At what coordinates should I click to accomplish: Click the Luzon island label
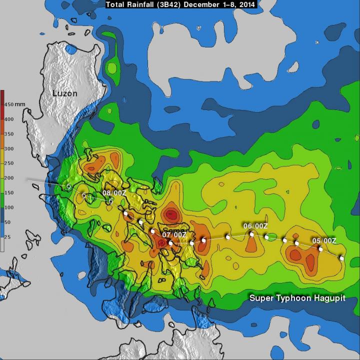click(65, 93)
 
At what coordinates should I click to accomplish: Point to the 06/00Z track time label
click(255, 226)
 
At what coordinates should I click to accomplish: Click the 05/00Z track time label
click(324, 241)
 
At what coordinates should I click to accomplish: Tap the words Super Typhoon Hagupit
click(298, 298)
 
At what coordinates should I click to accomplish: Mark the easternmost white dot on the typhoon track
click(342, 258)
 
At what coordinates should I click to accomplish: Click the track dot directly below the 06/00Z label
click(252, 234)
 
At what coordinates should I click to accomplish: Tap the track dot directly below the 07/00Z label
click(171, 243)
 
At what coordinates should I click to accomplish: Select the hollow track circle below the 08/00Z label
click(111, 201)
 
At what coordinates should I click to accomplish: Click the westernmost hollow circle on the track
click(69, 186)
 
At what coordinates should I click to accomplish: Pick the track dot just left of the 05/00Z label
click(320, 248)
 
